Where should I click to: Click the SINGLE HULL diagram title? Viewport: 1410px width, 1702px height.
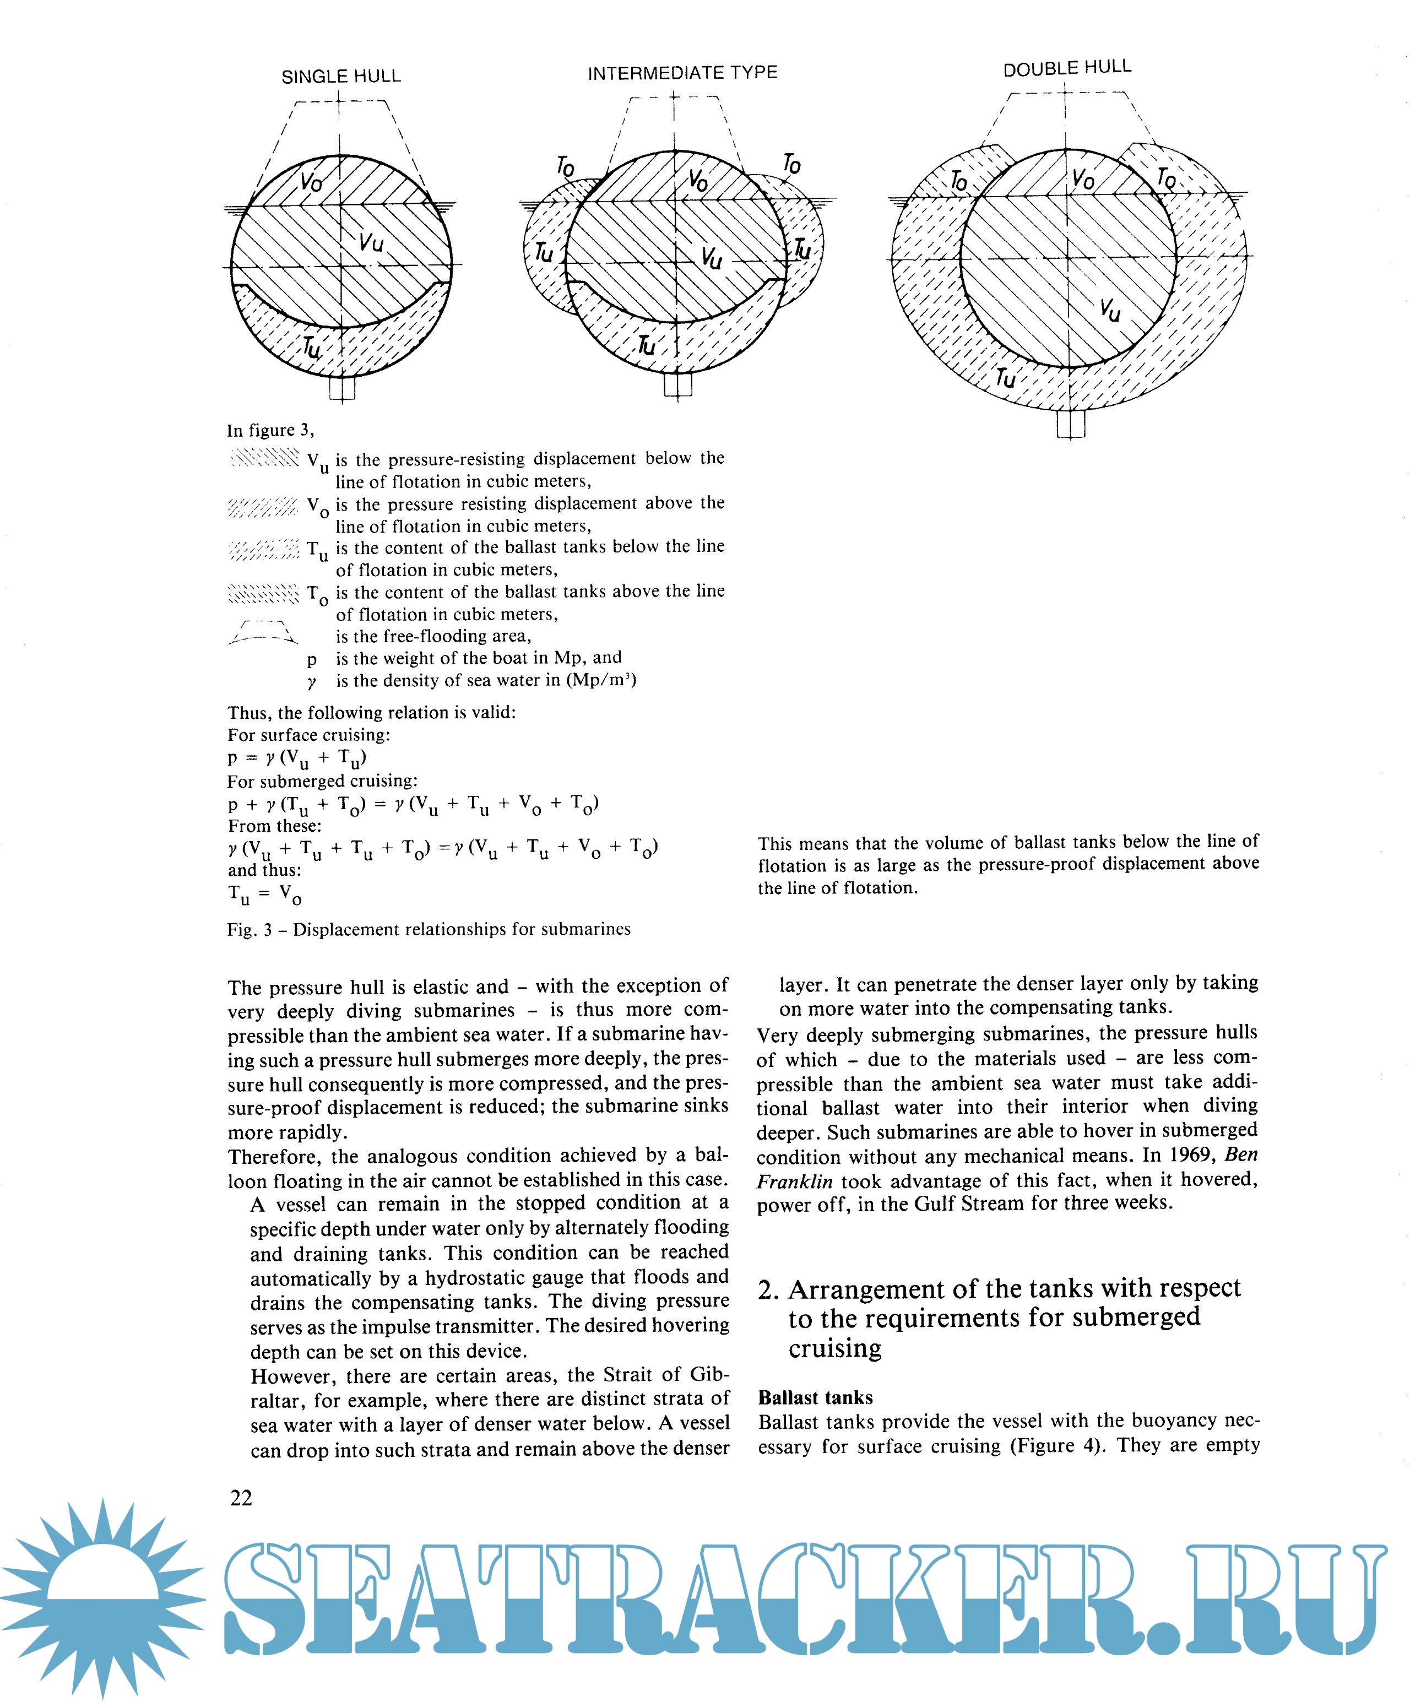point(340,76)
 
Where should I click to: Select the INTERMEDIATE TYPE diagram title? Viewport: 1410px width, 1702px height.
point(682,73)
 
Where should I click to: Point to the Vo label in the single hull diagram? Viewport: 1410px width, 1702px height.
point(310,182)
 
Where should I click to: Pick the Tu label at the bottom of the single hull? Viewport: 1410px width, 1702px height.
point(312,349)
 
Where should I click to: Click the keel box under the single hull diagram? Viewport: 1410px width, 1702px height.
point(342,388)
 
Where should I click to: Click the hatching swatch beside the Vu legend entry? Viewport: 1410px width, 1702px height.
point(264,459)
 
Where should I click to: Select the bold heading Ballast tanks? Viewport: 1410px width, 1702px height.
point(815,1397)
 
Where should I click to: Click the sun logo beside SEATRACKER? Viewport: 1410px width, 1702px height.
point(103,1595)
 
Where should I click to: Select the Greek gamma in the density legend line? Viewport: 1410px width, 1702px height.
point(312,682)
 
